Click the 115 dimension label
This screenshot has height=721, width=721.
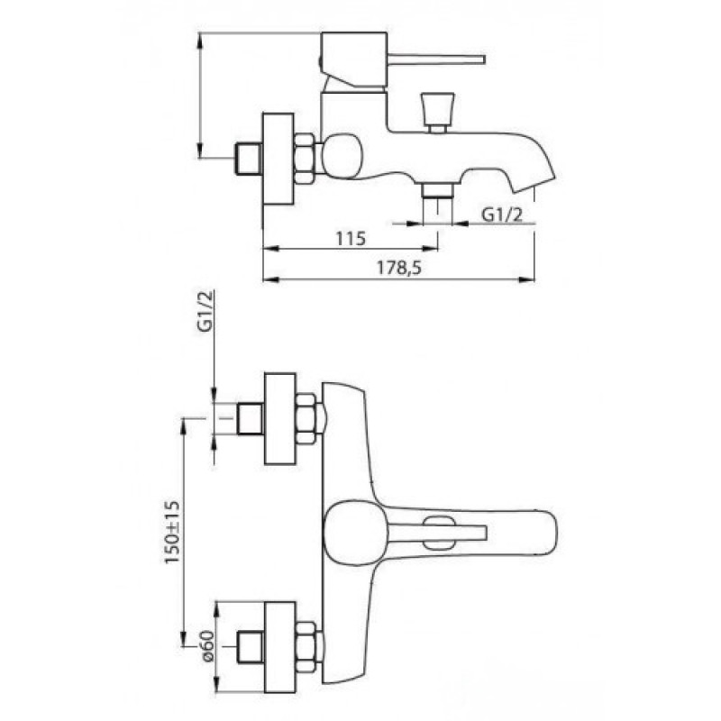351,238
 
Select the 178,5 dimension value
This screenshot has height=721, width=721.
399,268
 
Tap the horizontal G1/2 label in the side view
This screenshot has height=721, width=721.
502,214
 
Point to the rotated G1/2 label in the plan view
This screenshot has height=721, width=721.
205,311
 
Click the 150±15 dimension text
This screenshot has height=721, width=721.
172,533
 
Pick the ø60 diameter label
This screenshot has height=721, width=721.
207,645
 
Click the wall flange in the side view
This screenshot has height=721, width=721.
278,159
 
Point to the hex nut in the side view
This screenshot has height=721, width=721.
305,159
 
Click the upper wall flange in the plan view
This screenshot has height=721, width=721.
280,418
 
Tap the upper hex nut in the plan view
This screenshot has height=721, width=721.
306,418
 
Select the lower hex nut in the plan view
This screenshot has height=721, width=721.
306,647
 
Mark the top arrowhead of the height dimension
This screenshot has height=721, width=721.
199,42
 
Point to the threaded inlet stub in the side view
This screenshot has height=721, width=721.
249,159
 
